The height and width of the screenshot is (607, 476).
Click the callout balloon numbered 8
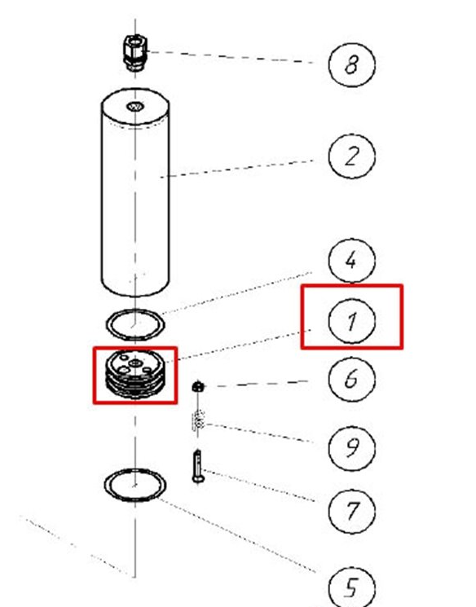[x=351, y=64]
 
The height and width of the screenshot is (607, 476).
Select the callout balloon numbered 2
[x=351, y=156]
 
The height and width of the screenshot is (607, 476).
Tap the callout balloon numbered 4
[x=351, y=260]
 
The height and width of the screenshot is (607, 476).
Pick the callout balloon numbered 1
[x=351, y=321]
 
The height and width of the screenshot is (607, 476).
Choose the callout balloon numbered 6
[x=351, y=379]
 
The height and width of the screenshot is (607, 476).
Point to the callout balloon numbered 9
[x=351, y=448]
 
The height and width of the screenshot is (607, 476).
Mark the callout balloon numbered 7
[x=351, y=511]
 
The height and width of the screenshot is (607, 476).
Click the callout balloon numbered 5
[x=351, y=587]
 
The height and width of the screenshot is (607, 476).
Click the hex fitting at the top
[x=134, y=52]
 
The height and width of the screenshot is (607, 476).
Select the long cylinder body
[x=135, y=192]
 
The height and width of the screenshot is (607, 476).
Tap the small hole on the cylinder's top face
[x=135, y=106]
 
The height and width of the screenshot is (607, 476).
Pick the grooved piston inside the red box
[x=135, y=374]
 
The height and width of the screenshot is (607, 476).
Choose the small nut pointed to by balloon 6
[x=198, y=386]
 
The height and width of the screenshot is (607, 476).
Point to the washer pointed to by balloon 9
[x=198, y=421]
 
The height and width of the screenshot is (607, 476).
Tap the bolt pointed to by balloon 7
[x=198, y=466]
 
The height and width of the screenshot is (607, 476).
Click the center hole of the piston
[x=135, y=363]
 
